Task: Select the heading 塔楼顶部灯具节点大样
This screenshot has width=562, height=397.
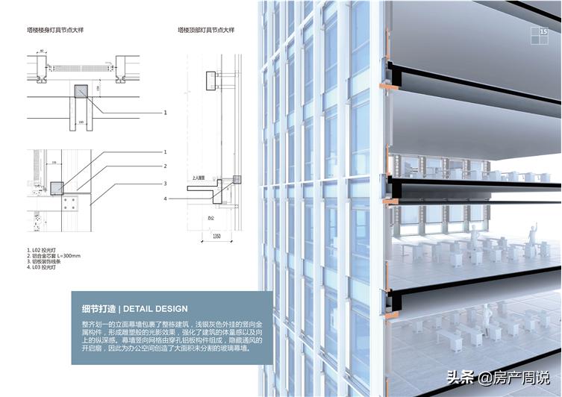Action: pos(206,31)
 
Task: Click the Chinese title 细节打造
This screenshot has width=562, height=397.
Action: pos(98,308)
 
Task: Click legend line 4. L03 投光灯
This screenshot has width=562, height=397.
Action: pos(43,269)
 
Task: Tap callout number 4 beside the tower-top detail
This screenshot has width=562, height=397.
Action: pos(166,198)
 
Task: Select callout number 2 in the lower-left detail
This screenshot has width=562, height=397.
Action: pos(166,166)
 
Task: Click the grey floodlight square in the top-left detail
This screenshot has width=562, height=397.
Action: pos(81,91)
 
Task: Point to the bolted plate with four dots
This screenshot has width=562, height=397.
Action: pos(72,204)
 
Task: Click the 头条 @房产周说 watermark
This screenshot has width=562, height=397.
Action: pos(496,377)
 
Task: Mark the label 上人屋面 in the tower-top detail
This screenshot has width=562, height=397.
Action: pos(199,179)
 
